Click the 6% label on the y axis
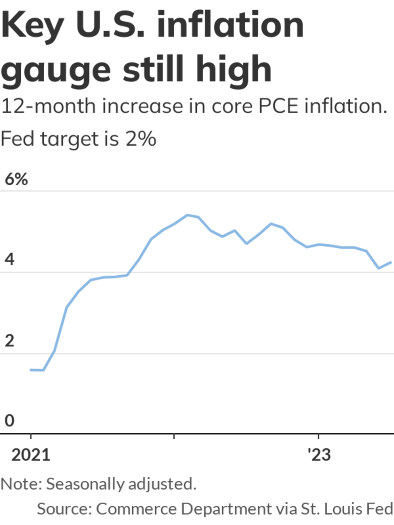click(16, 179)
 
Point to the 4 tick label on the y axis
click(10, 260)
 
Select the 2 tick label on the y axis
click(10, 341)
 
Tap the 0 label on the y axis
click(10, 421)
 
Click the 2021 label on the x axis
click(31, 455)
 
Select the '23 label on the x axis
click(319, 455)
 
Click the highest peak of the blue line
click(187, 215)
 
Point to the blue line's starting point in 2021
click(31, 370)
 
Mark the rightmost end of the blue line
click(391, 262)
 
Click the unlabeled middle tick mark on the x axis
click(174, 436)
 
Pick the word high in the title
click(234, 69)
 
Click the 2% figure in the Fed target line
click(141, 139)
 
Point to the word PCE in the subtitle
click(278, 106)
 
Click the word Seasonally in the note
click(85, 484)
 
